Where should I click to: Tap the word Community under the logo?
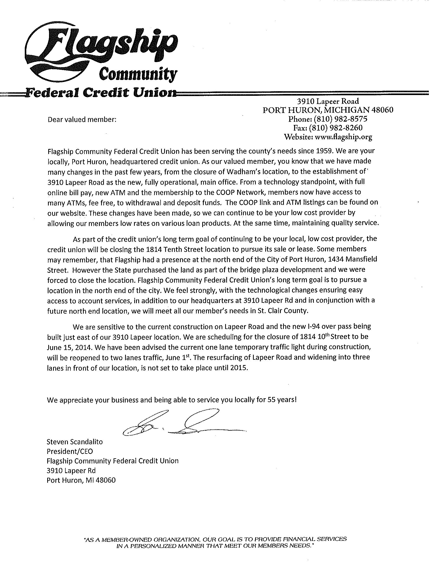(x=138, y=74)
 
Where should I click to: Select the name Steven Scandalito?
(x=75, y=442)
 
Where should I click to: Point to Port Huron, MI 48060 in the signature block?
(x=81, y=480)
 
